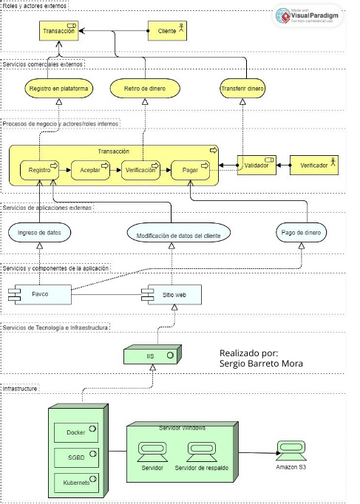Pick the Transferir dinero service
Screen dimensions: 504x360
(x=242, y=90)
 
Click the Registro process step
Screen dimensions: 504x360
(x=42, y=171)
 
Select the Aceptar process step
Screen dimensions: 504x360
(x=90, y=171)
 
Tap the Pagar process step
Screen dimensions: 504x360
(x=192, y=171)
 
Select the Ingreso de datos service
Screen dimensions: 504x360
(x=42, y=232)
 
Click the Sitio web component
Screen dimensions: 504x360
(x=162, y=295)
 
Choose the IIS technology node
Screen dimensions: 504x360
(x=151, y=355)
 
